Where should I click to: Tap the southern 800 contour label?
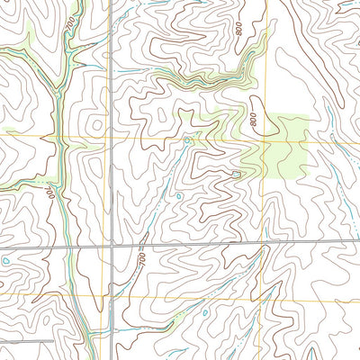(255, 118)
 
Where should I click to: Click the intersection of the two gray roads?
(112, 245)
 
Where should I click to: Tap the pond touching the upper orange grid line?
(187, 140)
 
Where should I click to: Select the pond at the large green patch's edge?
(236, 174)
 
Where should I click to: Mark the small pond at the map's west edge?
(4, 261)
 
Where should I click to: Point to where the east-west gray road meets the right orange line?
(267, 240)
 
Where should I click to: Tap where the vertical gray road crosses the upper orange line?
(112, 138)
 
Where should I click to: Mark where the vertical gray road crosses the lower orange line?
(112, 294)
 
